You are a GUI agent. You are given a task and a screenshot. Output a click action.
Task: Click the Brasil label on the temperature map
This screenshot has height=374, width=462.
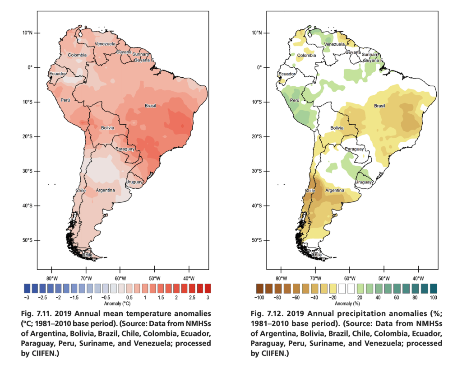[150, 106]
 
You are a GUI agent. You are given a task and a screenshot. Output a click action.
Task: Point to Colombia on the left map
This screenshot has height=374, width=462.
[77, 55]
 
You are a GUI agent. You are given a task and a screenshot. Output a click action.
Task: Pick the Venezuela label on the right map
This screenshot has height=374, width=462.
[334, 44]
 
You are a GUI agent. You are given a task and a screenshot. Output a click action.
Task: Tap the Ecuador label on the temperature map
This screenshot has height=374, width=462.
[57, 74]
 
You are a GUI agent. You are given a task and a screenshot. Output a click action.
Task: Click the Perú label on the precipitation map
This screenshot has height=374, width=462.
[295, 100]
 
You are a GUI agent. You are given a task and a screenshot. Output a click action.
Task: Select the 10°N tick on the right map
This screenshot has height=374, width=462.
[257, 33]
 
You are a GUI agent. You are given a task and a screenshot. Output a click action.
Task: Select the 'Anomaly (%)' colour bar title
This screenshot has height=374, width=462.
[346, 304]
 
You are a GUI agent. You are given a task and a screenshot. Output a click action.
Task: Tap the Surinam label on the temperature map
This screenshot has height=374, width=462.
[140, 54]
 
